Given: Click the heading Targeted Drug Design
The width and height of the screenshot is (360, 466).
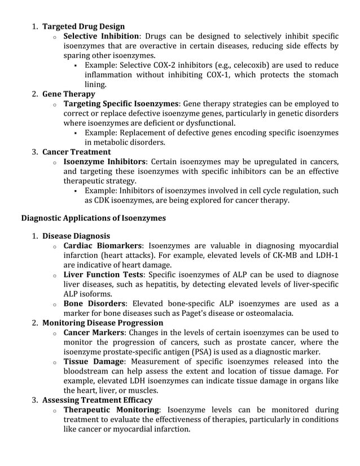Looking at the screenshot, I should point(84,27).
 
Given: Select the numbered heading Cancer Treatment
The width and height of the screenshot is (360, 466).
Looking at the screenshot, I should point(77,152).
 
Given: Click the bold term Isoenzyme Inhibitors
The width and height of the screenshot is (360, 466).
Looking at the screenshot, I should point(105,162).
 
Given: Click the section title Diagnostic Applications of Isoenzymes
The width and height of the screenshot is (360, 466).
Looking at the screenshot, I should point(93,218).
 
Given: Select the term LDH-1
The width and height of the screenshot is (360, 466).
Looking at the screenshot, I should point(327,255).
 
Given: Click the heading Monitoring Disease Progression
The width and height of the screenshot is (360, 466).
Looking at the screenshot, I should point(103,323).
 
